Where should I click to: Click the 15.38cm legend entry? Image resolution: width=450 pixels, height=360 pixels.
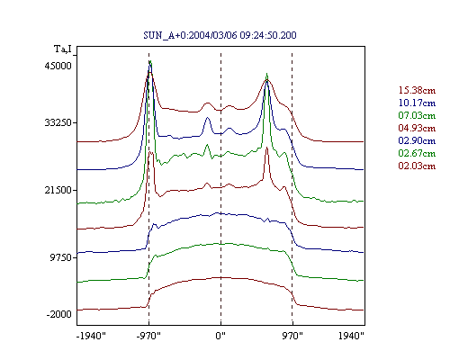point(417,90)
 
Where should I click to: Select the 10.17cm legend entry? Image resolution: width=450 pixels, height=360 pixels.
point(417,103)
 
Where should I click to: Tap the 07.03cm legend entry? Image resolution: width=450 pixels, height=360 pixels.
point(417,115)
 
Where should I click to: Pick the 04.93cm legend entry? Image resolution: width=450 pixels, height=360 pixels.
point(417,128)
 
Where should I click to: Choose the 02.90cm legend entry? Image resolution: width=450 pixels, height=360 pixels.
point(417,140)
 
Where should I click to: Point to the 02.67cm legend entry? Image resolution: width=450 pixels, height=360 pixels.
point(417,153)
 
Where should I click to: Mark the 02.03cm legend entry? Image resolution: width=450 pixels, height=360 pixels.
point(417,166)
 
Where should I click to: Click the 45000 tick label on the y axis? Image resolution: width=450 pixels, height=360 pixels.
point(58,66)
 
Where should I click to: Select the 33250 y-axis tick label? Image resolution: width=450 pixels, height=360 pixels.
point(58,122)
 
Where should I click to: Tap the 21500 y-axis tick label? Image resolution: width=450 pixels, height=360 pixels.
point(58,190)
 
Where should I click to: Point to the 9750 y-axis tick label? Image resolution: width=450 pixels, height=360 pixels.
point(60,257)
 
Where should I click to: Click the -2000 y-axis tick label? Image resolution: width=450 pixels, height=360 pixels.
point(59,314)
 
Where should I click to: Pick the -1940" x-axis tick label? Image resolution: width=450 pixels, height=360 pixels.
point(91,336)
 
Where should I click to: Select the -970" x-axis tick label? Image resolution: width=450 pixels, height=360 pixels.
point(148,336)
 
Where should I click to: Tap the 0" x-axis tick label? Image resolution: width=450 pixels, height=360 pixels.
point(220,336)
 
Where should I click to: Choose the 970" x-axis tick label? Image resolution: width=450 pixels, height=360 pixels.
point(292,336)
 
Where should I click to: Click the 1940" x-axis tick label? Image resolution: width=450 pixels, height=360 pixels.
point(351,336)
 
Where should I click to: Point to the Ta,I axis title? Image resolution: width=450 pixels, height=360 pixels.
point(63,49)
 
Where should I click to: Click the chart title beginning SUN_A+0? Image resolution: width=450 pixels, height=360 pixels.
point(220,35)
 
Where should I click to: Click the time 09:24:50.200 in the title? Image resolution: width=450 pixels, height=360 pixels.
point(268,35)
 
